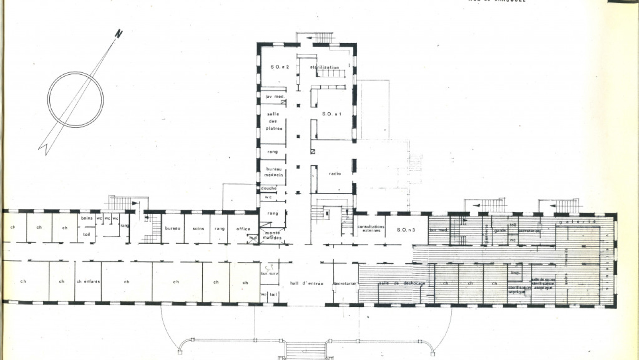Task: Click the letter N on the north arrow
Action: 118,34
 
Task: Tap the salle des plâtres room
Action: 273,121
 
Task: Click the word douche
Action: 269,188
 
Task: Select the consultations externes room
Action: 369,228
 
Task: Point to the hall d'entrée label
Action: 306,283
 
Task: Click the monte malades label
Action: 272,235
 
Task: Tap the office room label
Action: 243,229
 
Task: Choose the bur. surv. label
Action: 269,274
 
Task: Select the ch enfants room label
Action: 88,281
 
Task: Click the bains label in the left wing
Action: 86,218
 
